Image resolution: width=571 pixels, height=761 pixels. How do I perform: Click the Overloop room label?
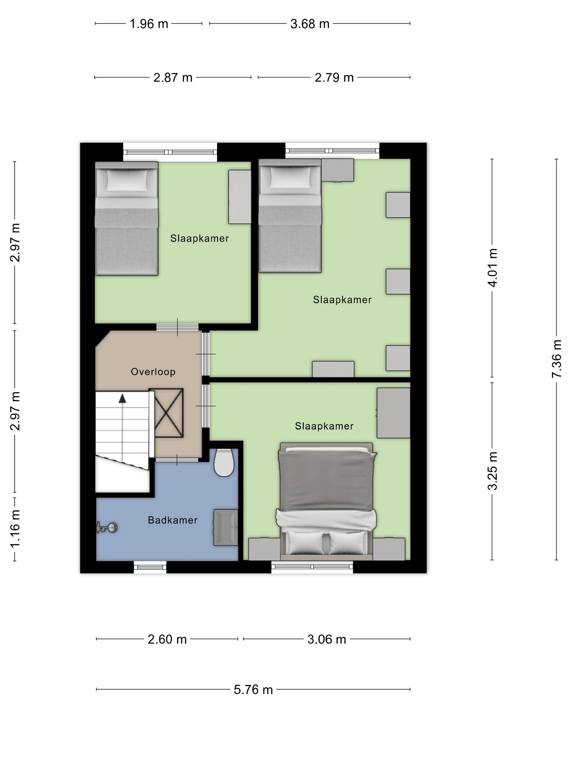pos(153,372)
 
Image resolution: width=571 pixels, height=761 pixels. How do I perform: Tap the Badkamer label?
pos(172,520)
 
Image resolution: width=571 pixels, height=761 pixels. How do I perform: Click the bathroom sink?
pos(226,527)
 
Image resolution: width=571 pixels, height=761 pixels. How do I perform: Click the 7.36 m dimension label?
pos(557,358)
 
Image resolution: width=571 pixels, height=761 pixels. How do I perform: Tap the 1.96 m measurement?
pos(149,24)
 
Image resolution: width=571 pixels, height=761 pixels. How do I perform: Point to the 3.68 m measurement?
pos(310,24)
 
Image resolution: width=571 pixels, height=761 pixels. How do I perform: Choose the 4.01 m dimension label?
pos(492,267)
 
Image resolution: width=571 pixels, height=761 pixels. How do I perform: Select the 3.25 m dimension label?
pos(492,471)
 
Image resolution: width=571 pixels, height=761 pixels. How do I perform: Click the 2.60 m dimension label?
pos(167,639)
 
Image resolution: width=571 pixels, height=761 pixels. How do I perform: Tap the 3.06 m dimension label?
pos(327,639)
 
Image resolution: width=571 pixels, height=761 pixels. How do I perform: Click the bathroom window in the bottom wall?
pos(150,567)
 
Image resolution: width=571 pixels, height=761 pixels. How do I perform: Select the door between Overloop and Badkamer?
pos(177,460)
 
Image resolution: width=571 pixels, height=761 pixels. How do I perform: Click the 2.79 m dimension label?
pos(334,77)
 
